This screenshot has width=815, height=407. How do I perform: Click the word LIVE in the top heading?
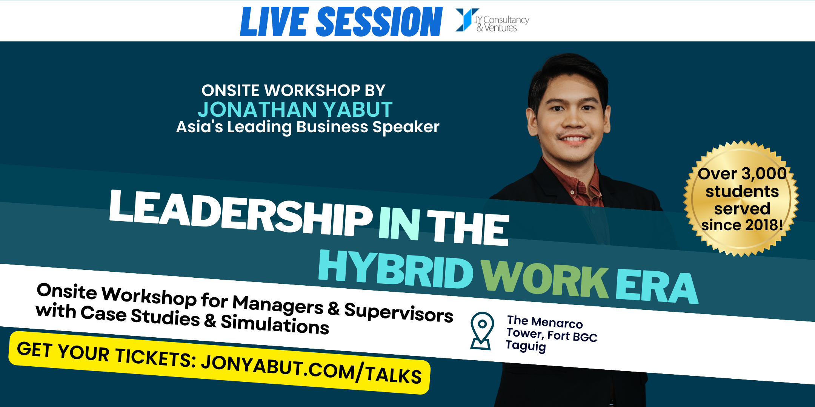275,22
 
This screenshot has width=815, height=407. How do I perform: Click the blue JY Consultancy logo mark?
467,20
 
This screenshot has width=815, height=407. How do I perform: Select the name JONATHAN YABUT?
295,110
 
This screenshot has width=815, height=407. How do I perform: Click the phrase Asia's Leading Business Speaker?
308,127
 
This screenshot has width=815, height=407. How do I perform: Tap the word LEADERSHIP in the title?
241,212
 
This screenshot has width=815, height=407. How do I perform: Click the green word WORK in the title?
545,278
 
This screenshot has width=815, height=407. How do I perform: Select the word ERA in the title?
657,286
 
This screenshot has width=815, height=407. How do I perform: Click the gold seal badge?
741,199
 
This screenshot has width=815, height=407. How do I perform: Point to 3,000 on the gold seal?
764,174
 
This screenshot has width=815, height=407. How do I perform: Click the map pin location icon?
482,331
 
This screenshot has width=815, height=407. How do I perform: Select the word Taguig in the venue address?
526,346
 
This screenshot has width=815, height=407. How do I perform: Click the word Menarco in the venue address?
557,323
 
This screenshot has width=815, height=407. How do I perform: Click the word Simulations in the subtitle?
275,324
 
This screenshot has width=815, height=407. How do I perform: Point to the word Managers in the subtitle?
278,304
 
